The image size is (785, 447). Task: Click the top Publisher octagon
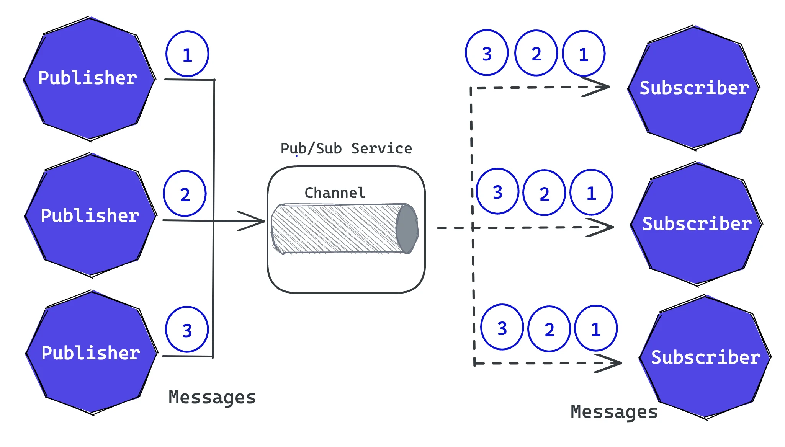click(89, 78)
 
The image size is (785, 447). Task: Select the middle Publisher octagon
click(90, 215)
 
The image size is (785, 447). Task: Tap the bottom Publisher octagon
click(92, 352)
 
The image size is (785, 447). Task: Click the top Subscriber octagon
click(693, 88)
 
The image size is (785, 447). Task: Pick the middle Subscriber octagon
click(696, 224)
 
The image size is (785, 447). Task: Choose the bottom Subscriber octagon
click(705, 357)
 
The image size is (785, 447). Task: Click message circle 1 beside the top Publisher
click(187, 54)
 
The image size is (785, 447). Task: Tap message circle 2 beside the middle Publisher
click(185, 194)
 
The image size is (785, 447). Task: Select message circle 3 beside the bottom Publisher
click(187, 330)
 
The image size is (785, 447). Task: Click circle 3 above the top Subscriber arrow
click(487, 53)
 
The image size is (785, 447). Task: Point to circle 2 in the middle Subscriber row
click(544, 193)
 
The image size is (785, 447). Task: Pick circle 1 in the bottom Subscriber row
click(596, 328)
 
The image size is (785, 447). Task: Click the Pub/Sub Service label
click(346, 148)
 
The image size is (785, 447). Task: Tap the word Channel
click(335, 193)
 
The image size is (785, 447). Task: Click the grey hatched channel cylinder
click(337, 229)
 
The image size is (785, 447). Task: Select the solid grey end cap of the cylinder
click(407, 229)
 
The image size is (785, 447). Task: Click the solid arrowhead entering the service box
click(253, 221)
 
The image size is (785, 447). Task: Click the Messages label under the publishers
click(212, 397)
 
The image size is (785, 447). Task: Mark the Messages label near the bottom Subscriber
click(614, 412)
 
